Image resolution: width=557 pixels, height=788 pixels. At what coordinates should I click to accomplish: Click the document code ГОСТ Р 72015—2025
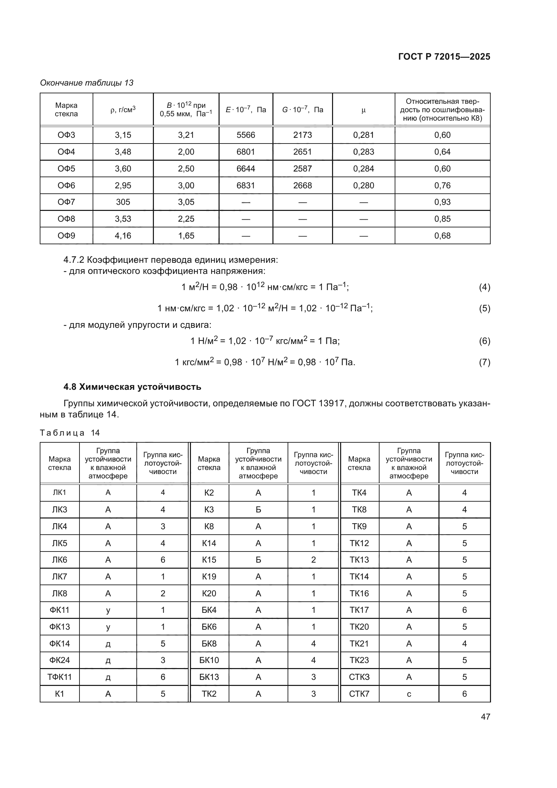(x=444, y=57)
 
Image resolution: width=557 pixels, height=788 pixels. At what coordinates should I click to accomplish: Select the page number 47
(x=485, y=717)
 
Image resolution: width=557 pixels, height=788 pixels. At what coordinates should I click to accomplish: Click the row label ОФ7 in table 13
(x=66, y=202)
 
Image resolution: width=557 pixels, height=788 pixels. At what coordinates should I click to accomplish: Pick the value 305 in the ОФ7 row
(x=123, y=202)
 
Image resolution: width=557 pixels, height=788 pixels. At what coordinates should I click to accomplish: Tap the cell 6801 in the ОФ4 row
(x=245, y=152)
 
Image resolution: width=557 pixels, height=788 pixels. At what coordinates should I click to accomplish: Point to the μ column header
(x=364, y=110)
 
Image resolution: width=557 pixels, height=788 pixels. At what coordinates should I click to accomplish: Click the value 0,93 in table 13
(x=442, y=202)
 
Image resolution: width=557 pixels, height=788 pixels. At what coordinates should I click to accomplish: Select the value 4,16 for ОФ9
(x=123, y=236)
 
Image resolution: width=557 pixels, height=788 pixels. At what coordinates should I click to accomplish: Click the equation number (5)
(x=484, y=308)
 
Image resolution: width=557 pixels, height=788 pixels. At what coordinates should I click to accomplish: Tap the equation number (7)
(x=484, y=362)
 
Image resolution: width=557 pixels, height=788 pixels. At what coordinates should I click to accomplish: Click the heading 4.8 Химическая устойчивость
(x=132, y=387)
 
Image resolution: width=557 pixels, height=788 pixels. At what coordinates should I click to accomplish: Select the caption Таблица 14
(x=70, y=433)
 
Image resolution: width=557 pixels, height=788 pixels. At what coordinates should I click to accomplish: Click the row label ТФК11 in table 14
(x=59, y=677)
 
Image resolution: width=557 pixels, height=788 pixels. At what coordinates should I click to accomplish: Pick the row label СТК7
(x=359, y=694)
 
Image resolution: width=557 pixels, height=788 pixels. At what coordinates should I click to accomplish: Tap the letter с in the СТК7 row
(x=409, y=694)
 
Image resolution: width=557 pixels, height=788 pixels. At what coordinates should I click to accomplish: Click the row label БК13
(x=209, y=677)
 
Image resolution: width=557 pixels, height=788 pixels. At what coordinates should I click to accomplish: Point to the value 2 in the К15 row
(x=313, y=560)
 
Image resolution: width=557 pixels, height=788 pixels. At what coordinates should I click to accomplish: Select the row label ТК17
(x=359, y=610)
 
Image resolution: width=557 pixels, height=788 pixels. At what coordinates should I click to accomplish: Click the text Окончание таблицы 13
(x=87, y=83)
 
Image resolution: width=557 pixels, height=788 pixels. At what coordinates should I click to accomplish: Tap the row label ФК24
(x=59, y=660)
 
